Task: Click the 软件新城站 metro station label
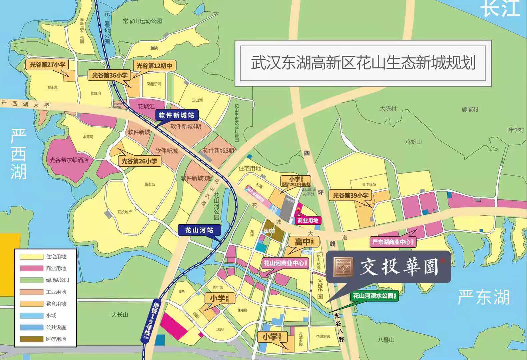(177, 116)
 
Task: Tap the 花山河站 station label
(199, 230)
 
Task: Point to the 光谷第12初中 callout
(154, 66)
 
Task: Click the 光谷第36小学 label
(110, 76)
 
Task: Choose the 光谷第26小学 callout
(139, 161)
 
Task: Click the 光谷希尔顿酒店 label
(69, 160)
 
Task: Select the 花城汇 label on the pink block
(146, 106)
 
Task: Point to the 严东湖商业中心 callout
(393, 242)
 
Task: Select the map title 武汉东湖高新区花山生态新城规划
(363, 63)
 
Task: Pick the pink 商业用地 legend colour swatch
(31, 268)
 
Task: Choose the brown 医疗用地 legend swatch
(31, 339)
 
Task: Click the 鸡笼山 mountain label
(414, 142)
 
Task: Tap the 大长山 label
(120, 315)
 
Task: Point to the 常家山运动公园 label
(142, 21)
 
